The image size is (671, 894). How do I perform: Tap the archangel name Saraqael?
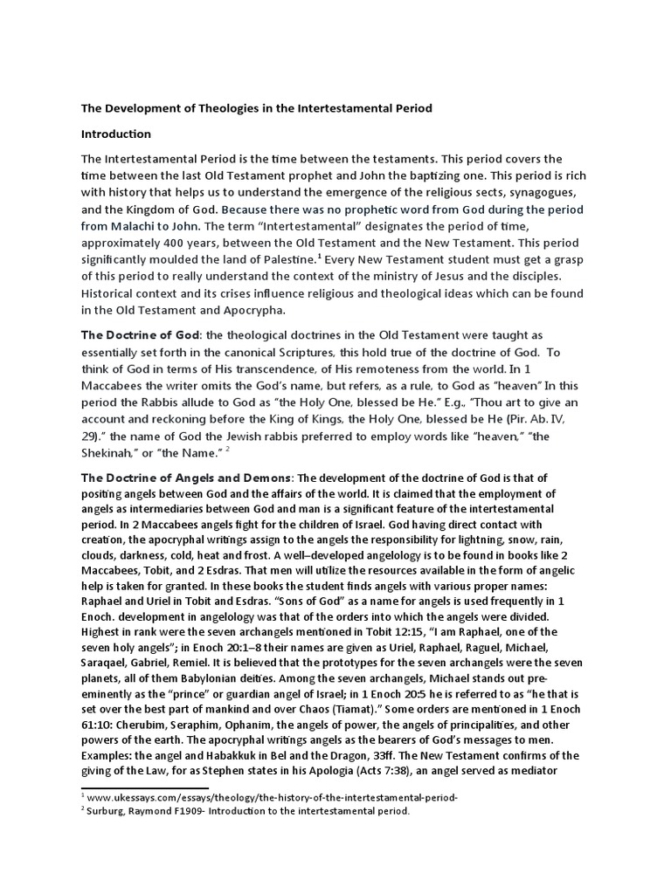(x=109, y=663)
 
